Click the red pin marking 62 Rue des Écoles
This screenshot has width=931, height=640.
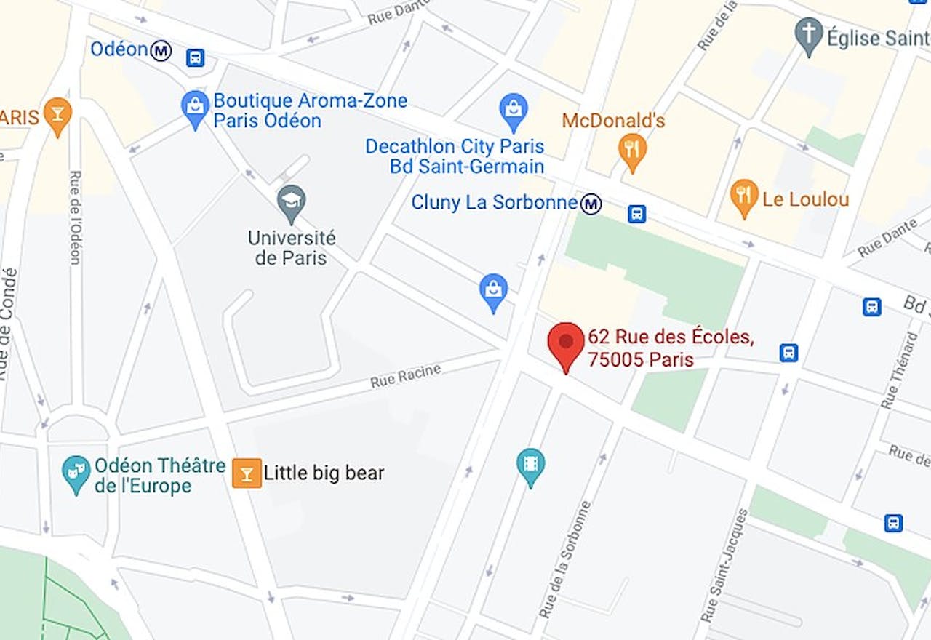point(565,343)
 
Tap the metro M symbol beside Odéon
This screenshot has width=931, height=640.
point(161,50)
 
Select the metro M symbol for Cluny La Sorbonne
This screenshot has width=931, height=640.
point(591,204)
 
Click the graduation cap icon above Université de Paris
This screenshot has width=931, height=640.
point(292,200)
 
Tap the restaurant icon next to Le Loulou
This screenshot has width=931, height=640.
point(743,195)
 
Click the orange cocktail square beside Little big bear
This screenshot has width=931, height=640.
point(247,473)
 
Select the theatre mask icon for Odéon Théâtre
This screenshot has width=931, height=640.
point(76,471)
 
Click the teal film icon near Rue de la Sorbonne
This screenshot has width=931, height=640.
point(530,463)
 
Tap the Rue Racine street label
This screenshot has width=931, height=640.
point(405,376)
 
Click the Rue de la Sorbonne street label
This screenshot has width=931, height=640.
point(564,559)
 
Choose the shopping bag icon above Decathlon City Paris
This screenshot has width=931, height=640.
point(513,109)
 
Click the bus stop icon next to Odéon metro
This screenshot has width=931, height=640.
point(195,57)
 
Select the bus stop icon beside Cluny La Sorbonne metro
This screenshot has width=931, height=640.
point(637,213)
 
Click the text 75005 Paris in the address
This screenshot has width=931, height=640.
point(640,359)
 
